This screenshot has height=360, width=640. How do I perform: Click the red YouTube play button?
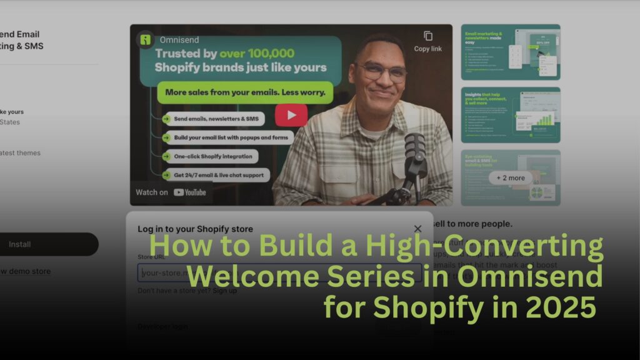coord(291,115)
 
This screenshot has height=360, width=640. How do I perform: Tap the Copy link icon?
coord(427,36)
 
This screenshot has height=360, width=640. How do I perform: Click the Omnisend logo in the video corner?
coord(145,40)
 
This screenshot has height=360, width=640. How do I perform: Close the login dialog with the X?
coord(417,229)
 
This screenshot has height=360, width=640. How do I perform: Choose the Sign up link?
coord(224,291)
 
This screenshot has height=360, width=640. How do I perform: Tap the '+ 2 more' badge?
coord(511,177)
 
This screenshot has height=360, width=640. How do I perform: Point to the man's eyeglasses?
coord(382,71)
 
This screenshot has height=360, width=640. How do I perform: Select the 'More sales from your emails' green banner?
coord(245,92)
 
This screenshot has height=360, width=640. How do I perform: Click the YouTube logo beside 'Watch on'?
coord(190,192)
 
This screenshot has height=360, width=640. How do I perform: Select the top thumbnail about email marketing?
coord(510,52)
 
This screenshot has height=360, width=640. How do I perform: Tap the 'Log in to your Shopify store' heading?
coord(195,229)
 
